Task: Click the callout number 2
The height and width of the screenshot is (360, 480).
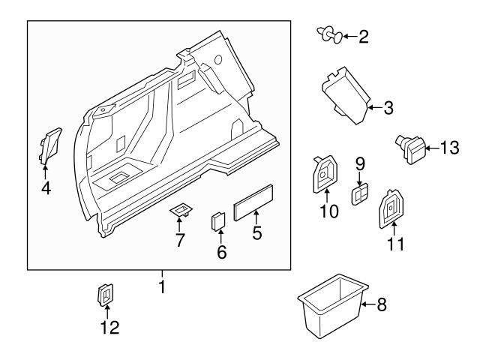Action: click(363, 37)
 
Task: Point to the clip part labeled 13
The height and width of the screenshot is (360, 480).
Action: click(410, 145)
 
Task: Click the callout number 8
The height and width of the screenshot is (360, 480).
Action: click(381, 305)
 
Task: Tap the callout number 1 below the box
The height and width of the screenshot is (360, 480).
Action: click(160, 286)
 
